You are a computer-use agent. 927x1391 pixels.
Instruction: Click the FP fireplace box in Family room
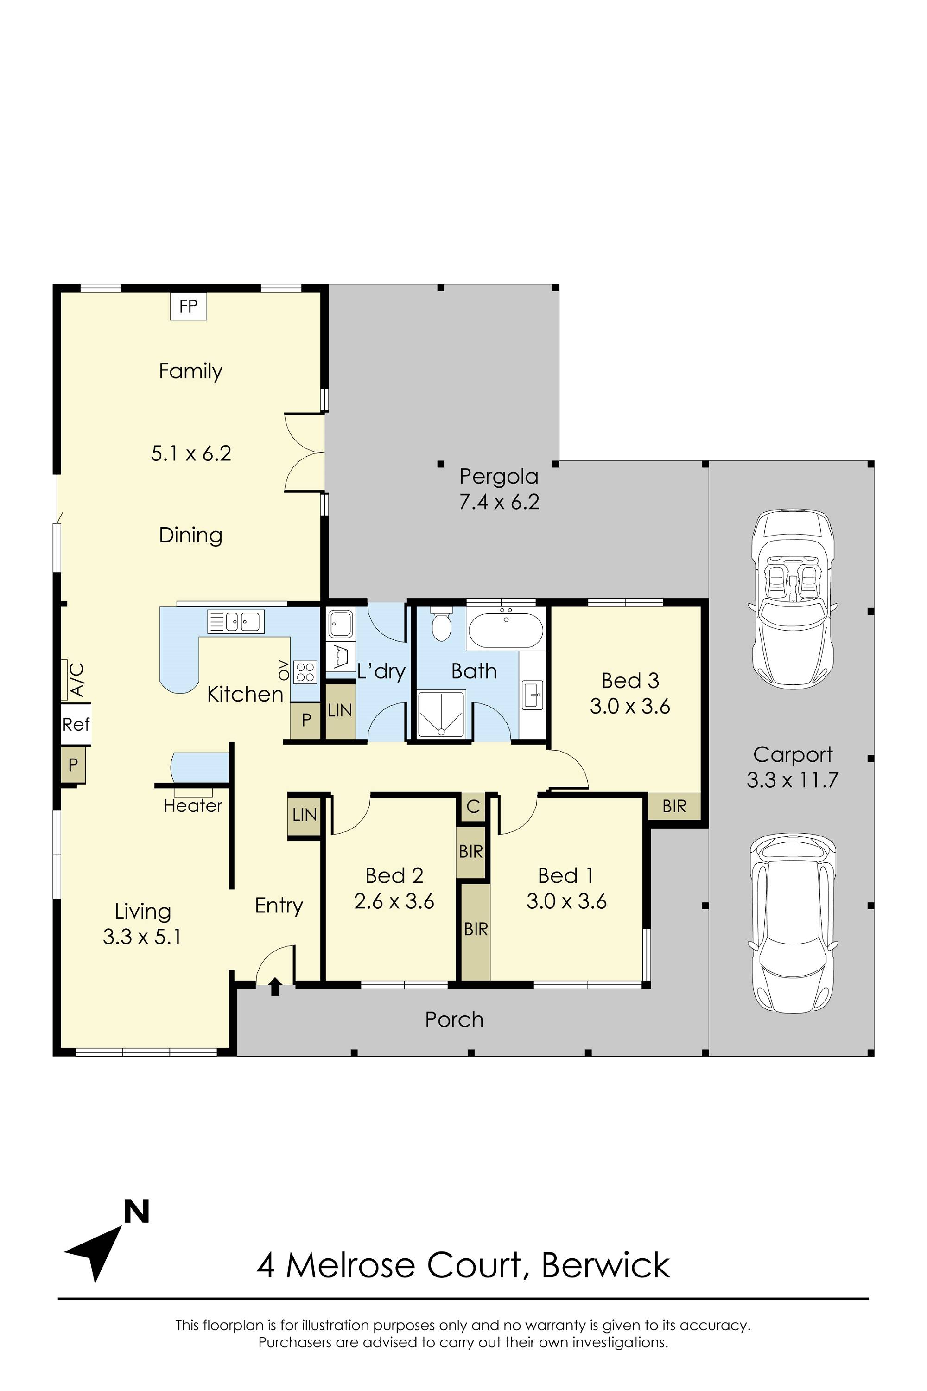[189, 306]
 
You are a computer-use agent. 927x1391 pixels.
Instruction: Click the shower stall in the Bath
[441, 715]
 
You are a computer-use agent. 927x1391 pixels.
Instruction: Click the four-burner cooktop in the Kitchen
[305, 672]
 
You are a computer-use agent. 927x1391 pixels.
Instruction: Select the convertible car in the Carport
[792, 598]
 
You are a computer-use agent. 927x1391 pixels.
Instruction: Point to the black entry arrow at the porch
[275, 987]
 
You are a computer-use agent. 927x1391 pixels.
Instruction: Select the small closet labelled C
[473, 807]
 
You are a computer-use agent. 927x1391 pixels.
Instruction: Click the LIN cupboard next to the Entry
[305, 815]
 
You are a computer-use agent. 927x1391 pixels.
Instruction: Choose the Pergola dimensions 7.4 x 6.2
[500, 502]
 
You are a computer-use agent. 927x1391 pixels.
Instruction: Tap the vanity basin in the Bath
[533, 694]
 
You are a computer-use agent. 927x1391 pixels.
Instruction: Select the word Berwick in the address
[605, 1265]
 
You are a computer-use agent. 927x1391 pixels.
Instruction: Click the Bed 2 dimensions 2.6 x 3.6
[394, 901]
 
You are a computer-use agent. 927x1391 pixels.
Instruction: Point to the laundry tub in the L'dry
[341, 624]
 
